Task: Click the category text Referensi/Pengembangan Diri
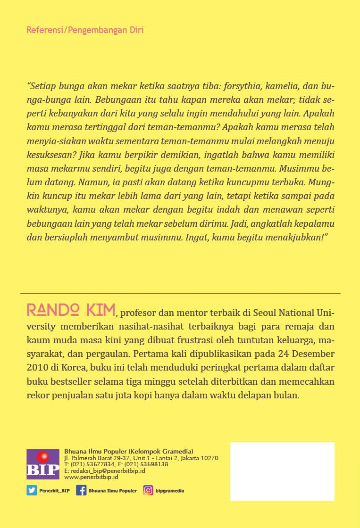tap(85, 30)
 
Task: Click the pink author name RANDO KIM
tap(71, 310)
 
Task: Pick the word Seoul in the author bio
tap(279, 313)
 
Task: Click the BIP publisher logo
tap(43, 464)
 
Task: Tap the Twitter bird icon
tap(32, 490)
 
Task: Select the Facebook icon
tap(81, 490)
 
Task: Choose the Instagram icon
tap(148, 490)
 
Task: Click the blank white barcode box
tap(282, 471)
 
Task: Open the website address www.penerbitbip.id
tap(91, 477)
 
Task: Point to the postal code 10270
tap(209, 458)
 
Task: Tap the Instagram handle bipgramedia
tap(170, 491)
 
